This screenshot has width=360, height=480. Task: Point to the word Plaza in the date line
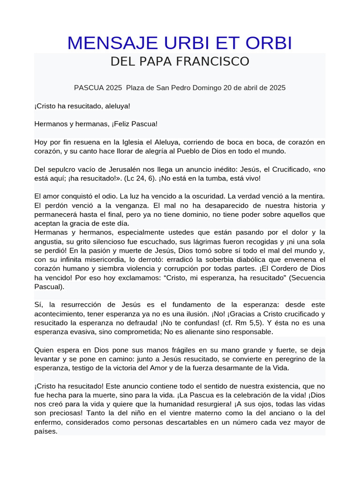click(x=135, y=88)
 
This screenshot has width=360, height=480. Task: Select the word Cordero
click(x=292, y=269)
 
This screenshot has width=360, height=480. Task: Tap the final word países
click(x=46, y=431)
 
